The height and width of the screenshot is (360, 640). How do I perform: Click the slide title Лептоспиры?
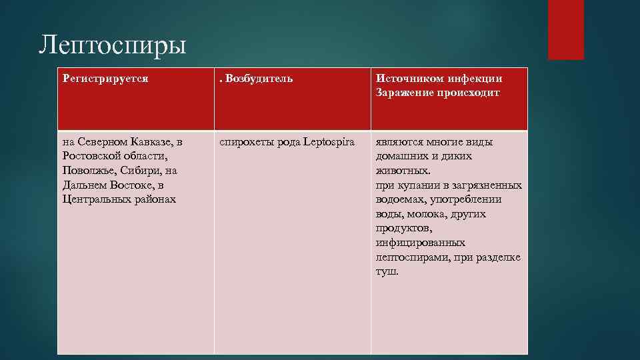[112, 46]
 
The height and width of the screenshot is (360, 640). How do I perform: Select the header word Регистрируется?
[105, 79]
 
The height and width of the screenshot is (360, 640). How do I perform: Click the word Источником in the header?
[407, 79]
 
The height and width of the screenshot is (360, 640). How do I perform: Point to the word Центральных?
[95, 199]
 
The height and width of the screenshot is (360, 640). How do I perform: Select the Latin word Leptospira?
[329, 142]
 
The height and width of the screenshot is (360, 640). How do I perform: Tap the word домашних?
[401, 156]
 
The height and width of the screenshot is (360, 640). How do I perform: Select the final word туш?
[387, 272]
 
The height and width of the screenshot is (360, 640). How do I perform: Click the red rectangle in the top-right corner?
[565, 29]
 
